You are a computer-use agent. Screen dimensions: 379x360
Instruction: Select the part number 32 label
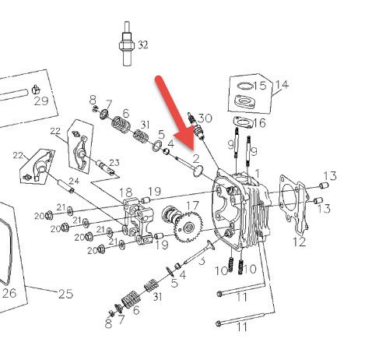coord(142,45)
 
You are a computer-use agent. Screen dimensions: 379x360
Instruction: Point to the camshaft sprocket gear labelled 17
coord(188,227)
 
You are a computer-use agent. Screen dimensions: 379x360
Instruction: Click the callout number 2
coord(196,159)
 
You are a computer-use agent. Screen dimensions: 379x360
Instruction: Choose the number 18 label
coord(125,192)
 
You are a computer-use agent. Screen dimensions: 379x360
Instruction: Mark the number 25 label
coord(65,294)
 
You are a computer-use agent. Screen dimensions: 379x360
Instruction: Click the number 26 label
coord(9,293)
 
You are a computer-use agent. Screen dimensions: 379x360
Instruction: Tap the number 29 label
coord(41,101)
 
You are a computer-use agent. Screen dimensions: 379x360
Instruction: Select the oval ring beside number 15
coord(245,86)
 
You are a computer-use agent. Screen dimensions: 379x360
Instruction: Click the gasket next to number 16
coord(243,122)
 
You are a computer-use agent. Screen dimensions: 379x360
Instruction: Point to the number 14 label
coord(282,84)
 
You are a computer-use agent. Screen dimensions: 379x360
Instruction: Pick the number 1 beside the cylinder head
coord(257,173)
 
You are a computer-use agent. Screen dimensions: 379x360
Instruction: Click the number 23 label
coord(114,163)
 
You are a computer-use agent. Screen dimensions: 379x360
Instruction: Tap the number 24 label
coord(74,181)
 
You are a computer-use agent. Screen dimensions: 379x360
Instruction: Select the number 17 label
coord(192,206)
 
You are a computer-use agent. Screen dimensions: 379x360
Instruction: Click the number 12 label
coord(299,242)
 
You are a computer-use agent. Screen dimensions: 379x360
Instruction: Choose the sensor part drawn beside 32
coord(127,44)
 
